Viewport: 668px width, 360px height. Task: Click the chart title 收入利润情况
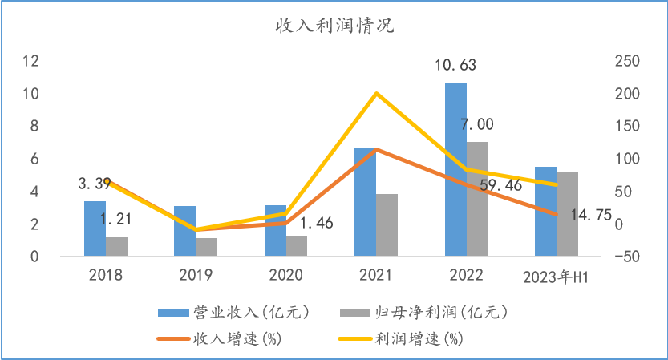click(334, 26)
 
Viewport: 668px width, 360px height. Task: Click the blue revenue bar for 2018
click(95, 229)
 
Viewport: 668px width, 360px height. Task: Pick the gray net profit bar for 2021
click(387, 225)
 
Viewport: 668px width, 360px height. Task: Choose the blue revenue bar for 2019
click(184, 232)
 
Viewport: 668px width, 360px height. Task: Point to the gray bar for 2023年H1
click(567, 215)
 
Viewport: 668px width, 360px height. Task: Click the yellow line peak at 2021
click(376, 94)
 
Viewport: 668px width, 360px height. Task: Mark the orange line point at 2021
click(376, 149)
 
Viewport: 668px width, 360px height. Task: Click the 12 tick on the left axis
click(31, 61)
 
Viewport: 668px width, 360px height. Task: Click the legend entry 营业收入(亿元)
click(232, 311)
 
